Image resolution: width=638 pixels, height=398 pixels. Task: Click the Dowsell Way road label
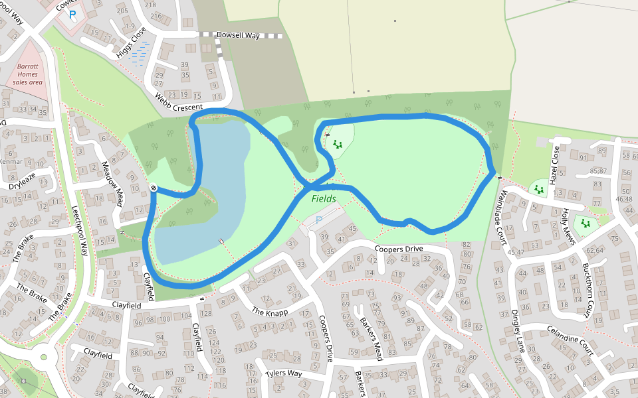[237, 36]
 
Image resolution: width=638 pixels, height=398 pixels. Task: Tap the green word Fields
[324, 198]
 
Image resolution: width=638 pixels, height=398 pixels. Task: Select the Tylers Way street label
[284, 373]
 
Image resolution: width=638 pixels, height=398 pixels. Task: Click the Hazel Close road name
[554, 165]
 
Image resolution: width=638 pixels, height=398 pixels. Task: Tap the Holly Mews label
[567, 226]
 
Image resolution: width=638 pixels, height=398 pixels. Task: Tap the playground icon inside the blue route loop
[337, 144]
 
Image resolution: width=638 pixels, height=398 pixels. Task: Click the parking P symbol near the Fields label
[318, 220]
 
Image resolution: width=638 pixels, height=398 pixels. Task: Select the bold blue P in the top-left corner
[72, 13]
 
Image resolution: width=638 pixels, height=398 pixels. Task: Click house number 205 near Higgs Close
[122, 11]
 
